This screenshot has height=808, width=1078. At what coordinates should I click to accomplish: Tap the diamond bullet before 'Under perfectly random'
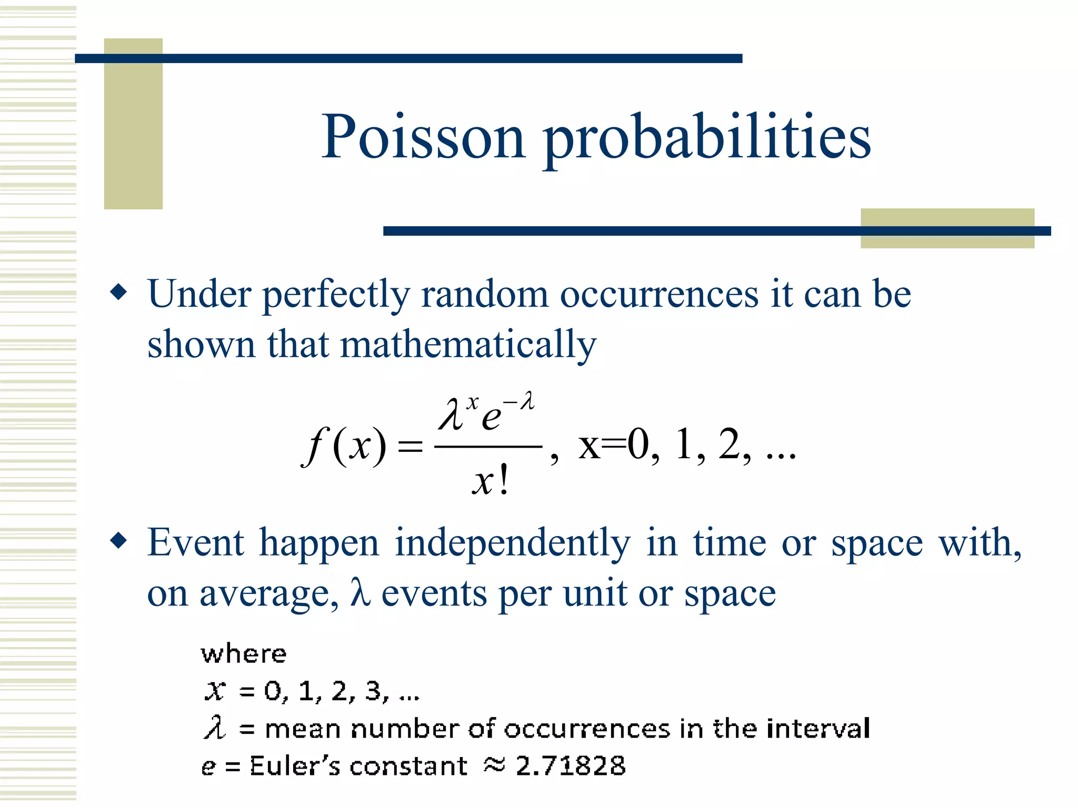coord(119,292)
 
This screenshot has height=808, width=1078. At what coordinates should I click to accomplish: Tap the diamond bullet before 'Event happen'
coord(119,540)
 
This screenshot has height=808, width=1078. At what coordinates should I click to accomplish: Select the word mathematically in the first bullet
coord(468,345)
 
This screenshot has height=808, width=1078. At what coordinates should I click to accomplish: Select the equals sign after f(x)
coord(410,447)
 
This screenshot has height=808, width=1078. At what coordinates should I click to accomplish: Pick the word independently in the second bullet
coord(513,543)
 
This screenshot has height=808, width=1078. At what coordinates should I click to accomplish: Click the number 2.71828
coord(571,765)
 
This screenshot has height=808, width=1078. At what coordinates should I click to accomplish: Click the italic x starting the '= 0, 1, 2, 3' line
coord(215,690)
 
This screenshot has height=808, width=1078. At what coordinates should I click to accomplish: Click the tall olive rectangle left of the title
coord(133,124)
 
